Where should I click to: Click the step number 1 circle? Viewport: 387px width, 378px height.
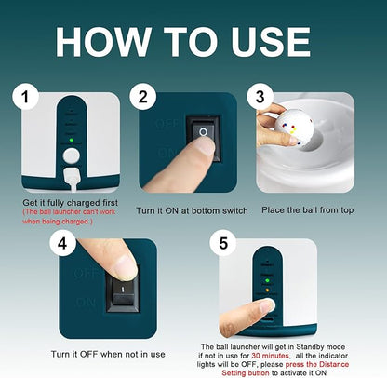click(x=25, y=97)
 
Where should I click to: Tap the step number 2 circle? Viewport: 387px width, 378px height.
click(x=142, y=97)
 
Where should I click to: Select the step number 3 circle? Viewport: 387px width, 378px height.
click(x=260, y=97)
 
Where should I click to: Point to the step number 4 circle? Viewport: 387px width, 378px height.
click(x=62, y=243)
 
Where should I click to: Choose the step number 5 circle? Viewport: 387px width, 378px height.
click(x=223, y=243)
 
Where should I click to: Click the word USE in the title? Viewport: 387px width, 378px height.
click(x=271, y=42)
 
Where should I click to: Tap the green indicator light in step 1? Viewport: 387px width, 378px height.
click(x=72, y=140)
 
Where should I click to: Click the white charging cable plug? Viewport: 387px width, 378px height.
click(x=73, y=178)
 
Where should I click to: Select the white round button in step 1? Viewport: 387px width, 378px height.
click(x=72, y=155)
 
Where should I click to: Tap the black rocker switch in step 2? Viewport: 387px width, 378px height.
click(x=204, y=138)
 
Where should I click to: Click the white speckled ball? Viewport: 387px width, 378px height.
click(x=295, y=128)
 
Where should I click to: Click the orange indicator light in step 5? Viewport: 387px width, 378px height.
click(x=267, y=290)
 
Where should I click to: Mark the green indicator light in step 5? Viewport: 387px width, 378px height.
click(x=267, y=281)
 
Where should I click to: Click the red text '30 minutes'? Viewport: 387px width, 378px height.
click(x=270, y=356)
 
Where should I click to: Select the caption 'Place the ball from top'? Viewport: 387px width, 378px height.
click(x=308, y=210)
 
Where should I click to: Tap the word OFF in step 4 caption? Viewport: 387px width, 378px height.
click(x=89, y=354)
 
